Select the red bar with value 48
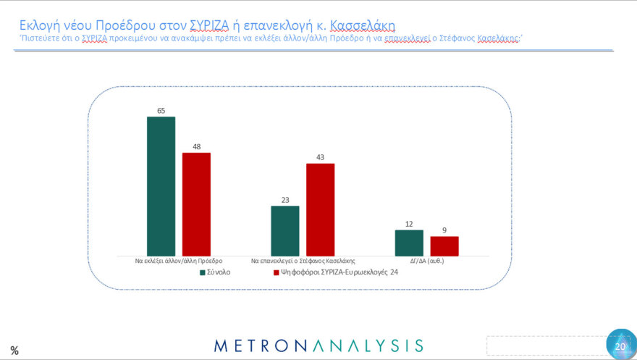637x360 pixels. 195,204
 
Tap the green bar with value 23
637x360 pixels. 284,230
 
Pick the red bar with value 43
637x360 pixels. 320,209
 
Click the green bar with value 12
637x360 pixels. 409,243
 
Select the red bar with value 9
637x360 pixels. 444,246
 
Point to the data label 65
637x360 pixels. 161,111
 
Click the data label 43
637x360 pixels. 320,157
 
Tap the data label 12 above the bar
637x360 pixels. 409,224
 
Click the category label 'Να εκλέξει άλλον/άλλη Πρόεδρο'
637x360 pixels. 178,260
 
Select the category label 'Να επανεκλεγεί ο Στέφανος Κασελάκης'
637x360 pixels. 303,260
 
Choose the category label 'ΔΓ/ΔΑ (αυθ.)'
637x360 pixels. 426,260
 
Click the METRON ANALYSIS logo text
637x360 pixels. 318,345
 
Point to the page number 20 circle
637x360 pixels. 620,345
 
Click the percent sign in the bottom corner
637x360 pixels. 14,351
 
